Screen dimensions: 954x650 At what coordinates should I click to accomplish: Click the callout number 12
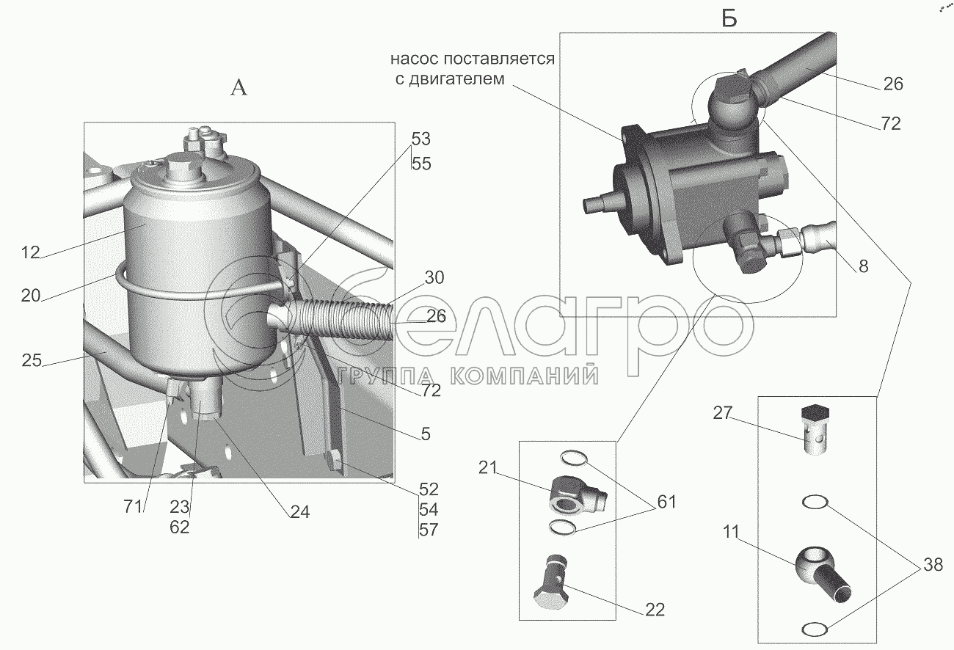(31, 254)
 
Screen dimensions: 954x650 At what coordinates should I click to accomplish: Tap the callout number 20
(31, 296)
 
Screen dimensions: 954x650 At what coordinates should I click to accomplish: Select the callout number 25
(31, 361)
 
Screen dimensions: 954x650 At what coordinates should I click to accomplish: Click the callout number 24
(299, 513)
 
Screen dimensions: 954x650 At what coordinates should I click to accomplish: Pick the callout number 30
(434, 278)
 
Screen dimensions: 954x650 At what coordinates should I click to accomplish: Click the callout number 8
(862, 267)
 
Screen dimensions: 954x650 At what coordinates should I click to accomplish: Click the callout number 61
(666, 503)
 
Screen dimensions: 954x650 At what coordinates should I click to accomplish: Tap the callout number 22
(655, 609)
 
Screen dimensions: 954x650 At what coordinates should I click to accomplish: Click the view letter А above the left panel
(239, 88)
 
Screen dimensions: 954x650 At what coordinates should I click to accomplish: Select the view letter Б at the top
(729, 20)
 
